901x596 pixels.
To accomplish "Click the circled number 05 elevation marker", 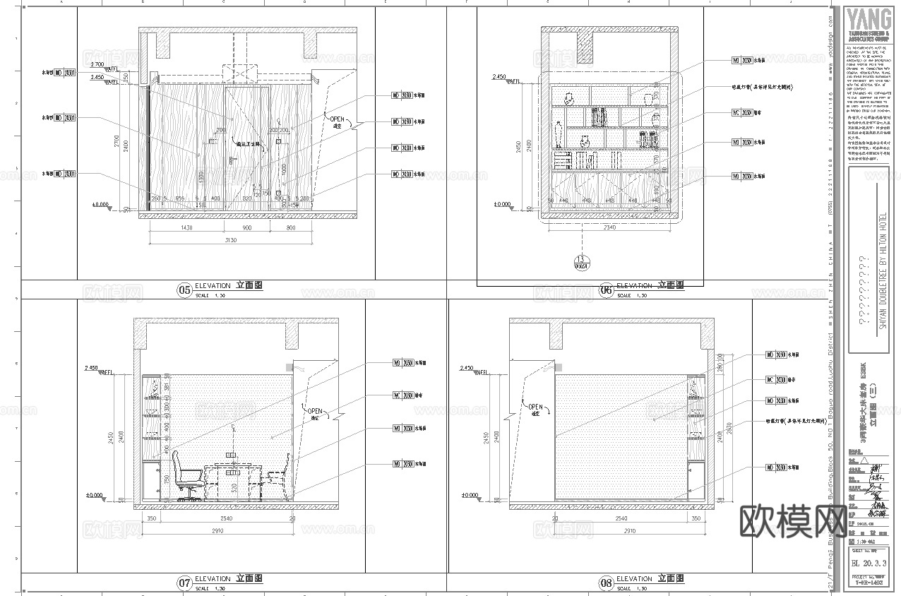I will [x=184, y=290].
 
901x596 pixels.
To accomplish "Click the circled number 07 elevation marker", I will [x=184, y=583].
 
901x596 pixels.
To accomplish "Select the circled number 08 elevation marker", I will [x=606, y=583].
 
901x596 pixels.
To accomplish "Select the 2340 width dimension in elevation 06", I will [x=609, y=227].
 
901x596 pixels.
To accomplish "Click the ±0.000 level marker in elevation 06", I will [x=502, y=205].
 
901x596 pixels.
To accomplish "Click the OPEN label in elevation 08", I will [x=535, y=407].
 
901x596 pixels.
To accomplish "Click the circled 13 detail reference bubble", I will [x=581, y=262].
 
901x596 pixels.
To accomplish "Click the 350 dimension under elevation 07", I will [x=151, y=519].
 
